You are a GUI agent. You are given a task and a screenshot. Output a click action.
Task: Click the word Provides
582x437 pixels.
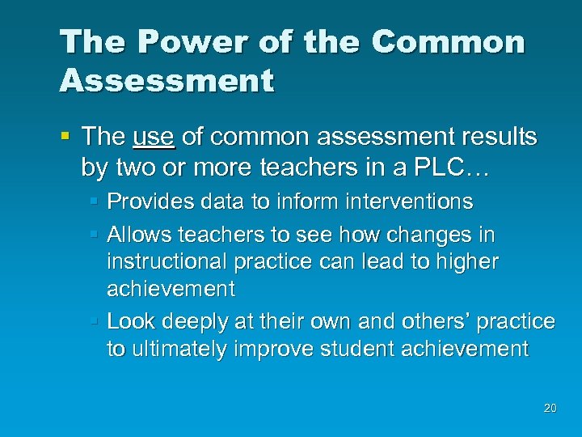pos(145,201)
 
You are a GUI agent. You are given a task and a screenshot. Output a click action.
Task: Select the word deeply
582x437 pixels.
pos(197,322)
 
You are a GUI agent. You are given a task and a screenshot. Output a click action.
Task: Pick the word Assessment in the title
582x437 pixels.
pos(167,80)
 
